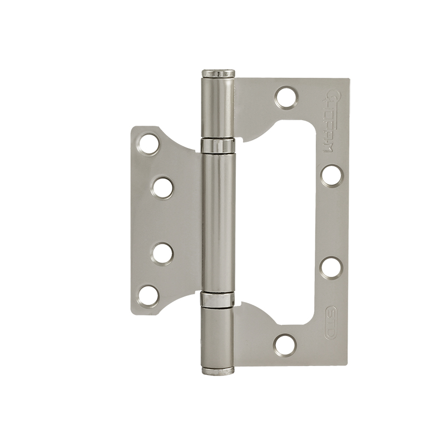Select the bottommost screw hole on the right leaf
click(285, 343)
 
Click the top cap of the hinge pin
click(216, 72)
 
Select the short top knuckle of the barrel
click(216, 108)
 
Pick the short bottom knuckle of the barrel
click(216, 334)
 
